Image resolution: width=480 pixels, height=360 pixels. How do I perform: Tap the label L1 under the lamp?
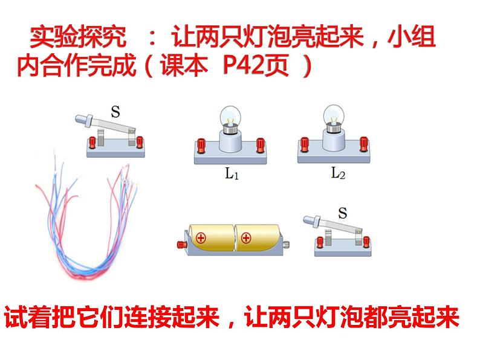pos(232,173)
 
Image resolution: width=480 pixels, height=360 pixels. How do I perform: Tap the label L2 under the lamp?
pos(338,173)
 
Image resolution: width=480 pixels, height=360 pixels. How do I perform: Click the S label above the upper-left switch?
pos(115,112)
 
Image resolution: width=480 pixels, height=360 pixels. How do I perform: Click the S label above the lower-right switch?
pos(343,213)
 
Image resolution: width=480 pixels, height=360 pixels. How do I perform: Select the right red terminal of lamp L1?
pos(260,145)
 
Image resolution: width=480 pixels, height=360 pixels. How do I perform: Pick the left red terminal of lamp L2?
pos(304,144)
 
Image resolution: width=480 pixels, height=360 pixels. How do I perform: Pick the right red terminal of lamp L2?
pos(364,144)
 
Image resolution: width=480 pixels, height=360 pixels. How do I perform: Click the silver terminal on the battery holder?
pos(286,245)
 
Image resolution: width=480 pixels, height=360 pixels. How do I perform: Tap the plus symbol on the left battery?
pos(201,237)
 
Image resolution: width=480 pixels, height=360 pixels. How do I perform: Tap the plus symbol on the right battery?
pos(246,237)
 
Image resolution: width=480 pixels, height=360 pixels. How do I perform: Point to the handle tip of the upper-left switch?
pos(79,118)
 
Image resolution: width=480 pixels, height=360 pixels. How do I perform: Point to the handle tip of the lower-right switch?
pos(306,219)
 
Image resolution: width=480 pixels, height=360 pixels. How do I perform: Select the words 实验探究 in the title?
pos(78,37)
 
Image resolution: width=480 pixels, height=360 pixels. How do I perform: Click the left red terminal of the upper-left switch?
pos(92,143)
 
